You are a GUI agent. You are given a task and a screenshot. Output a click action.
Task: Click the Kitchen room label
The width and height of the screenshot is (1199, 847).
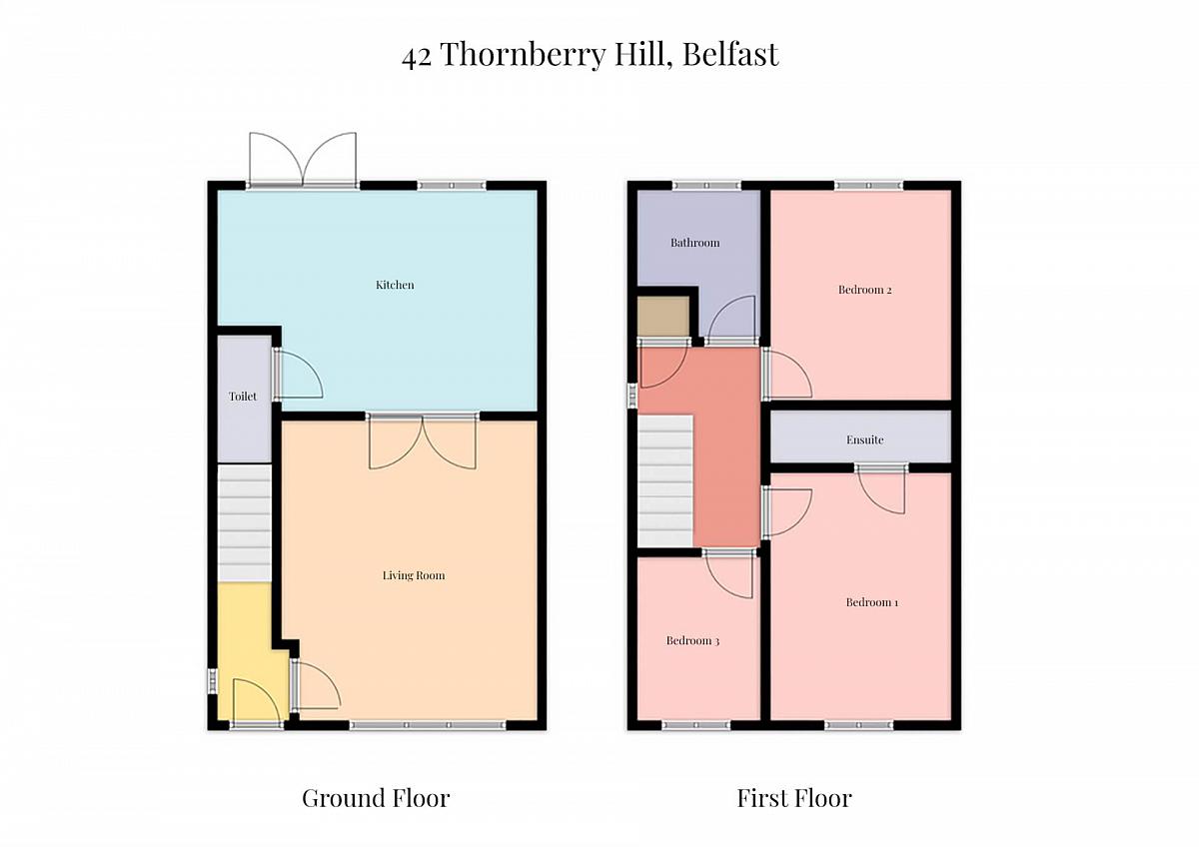point(395,285)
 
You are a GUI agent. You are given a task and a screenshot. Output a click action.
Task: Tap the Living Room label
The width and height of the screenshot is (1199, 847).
point(414,575)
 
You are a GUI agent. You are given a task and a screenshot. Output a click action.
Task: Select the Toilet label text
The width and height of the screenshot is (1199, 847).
point(243,397)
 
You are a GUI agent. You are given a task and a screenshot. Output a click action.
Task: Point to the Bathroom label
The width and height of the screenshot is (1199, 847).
point(694,243)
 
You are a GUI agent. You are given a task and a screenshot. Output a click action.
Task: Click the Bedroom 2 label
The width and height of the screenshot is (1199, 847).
point(864,290)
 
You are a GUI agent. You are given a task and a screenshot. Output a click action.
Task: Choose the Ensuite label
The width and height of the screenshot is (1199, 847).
point(864,439)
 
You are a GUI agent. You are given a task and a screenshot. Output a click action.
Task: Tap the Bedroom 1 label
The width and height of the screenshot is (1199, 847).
point(872,602)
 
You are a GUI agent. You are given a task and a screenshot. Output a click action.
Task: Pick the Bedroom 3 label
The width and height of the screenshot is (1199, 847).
point(692,641)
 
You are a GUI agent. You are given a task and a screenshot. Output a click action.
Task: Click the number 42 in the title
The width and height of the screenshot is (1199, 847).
point(417,56)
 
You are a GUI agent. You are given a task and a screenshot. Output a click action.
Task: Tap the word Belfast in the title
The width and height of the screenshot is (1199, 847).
point(730,54)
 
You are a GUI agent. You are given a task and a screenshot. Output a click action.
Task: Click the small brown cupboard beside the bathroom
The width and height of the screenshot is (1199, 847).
point(663,316)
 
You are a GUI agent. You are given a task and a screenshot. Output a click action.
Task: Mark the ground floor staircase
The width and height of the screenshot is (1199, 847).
point(244,523)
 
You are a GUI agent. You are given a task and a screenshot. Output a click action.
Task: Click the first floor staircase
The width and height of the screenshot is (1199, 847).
point(665,480)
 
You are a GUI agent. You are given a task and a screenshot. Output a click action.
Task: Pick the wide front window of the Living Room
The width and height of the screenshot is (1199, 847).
point(428,725)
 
